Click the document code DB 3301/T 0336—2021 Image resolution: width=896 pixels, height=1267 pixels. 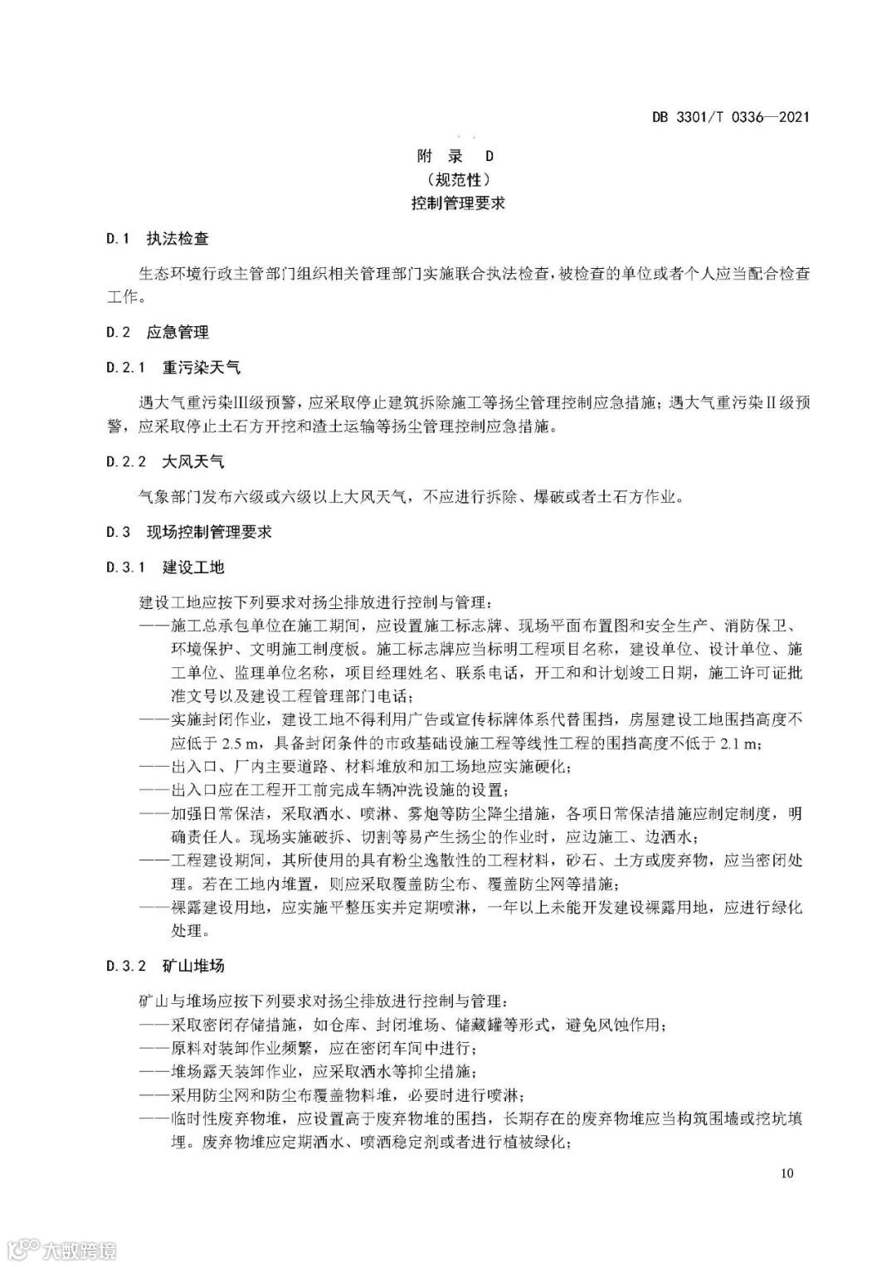[729, 117]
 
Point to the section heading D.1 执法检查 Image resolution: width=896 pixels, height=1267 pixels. [158, 239]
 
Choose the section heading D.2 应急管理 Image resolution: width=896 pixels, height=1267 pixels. [158, 333]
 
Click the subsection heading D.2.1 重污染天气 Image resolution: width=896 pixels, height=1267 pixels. [173, 368]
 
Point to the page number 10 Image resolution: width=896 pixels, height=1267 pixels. [787, 1172]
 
